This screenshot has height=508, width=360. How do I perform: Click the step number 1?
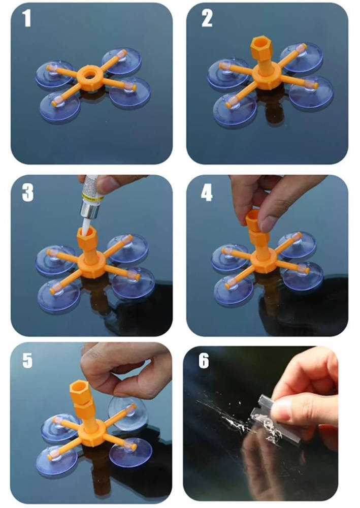tap(27, 18)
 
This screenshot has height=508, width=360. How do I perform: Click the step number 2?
tap(207, 18)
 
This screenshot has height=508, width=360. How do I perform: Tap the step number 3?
tap(28, 193)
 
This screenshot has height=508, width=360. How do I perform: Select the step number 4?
tap(207, 193)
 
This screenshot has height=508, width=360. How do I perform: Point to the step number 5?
tap(27, 360)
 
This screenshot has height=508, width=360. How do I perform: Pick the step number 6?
tap(204, 360)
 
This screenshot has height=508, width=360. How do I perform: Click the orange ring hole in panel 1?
tap(89, 75)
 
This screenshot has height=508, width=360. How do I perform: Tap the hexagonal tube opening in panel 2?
tap(261, 43)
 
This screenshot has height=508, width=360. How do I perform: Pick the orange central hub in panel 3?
tap(91, 266)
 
